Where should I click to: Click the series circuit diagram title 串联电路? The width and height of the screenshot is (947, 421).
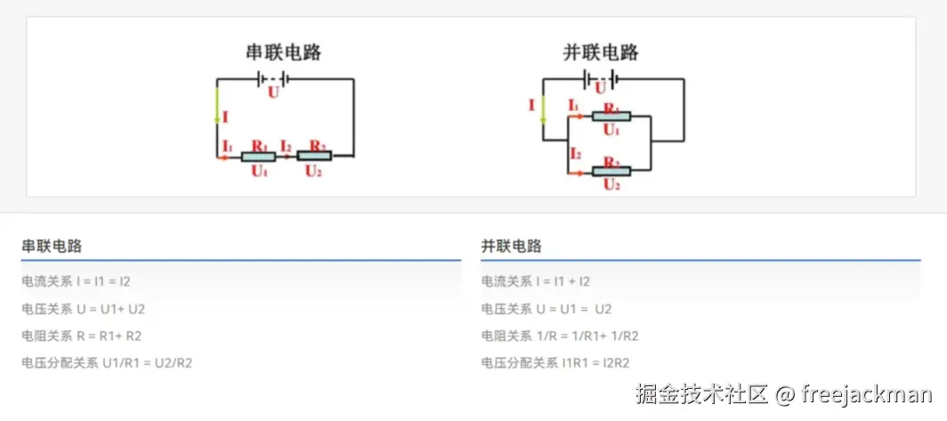(283, 53)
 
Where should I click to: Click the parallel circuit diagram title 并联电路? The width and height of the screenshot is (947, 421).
(601, 53)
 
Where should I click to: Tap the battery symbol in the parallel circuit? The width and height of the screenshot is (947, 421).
(601, 79)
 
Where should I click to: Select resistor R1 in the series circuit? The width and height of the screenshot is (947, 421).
(258, 156)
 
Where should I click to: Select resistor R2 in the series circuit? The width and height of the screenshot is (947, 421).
(313, 156)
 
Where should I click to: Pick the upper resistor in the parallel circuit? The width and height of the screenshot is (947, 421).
(611, 116)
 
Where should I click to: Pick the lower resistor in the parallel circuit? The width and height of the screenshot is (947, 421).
(611, 171)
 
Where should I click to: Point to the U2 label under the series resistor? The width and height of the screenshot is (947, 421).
(313, 171)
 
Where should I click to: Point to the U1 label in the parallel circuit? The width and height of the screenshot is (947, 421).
(611, 130)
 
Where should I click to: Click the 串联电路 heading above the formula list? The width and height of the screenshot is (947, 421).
(52, 247)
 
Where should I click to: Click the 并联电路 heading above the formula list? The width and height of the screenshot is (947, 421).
(511, 247)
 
